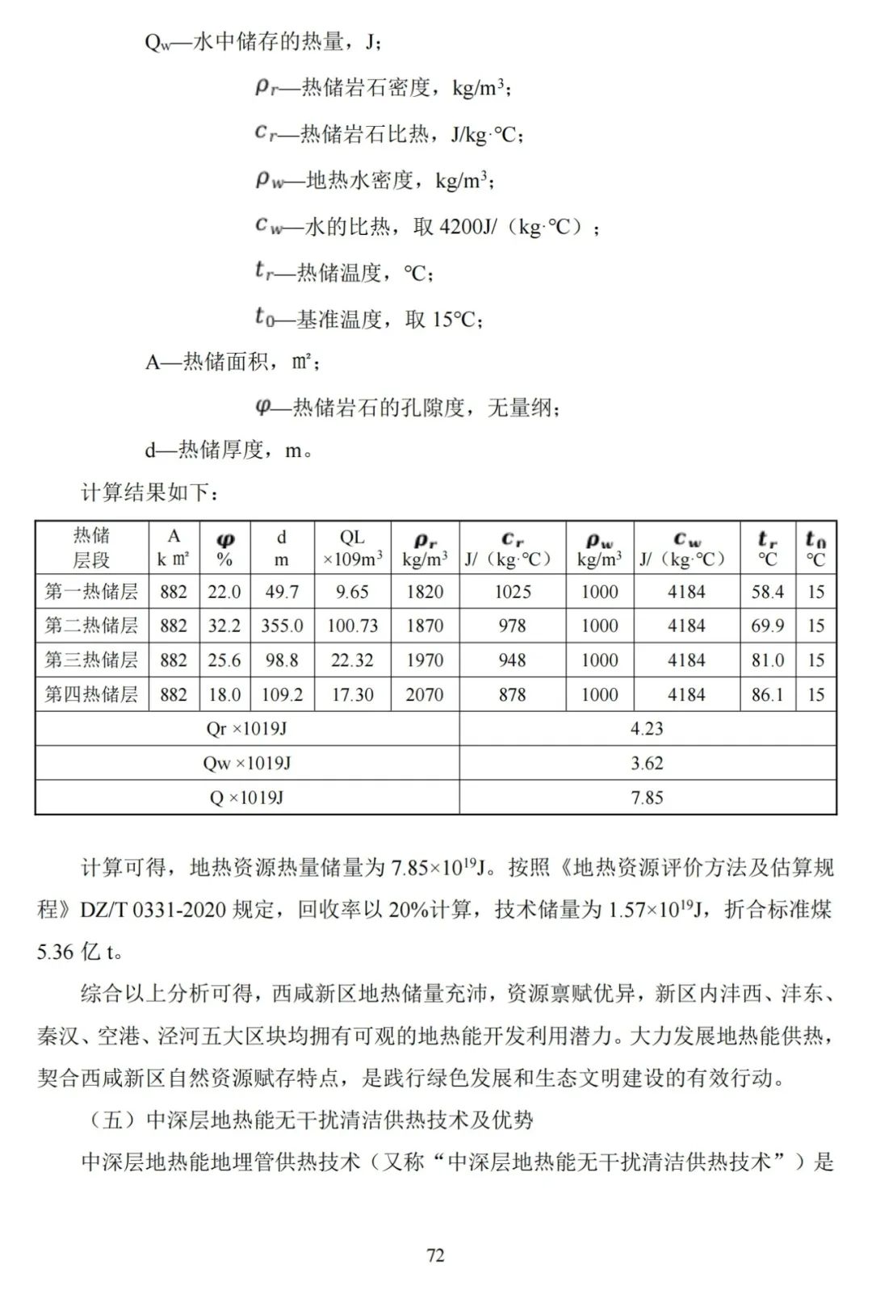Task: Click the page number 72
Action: (435, 1255)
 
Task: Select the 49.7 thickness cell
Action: (282, 592)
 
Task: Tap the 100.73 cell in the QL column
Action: (352, 626)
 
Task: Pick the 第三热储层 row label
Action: (91, 660)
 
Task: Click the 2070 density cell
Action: (425, 694)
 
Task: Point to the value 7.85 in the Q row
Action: (647, 798)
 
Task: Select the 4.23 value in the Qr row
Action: (647, 729)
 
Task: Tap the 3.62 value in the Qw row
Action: (647, 763)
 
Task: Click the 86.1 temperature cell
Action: (767, 694)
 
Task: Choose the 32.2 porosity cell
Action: (224, 626)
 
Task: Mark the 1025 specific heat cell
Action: (512, 592)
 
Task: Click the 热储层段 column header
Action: (91, 547)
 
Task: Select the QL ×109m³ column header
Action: (352, 547)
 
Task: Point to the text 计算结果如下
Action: (149, 492)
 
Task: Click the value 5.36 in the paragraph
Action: (55, 952)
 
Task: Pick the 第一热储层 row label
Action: (91, 592)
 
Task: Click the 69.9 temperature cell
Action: (767, 626)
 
